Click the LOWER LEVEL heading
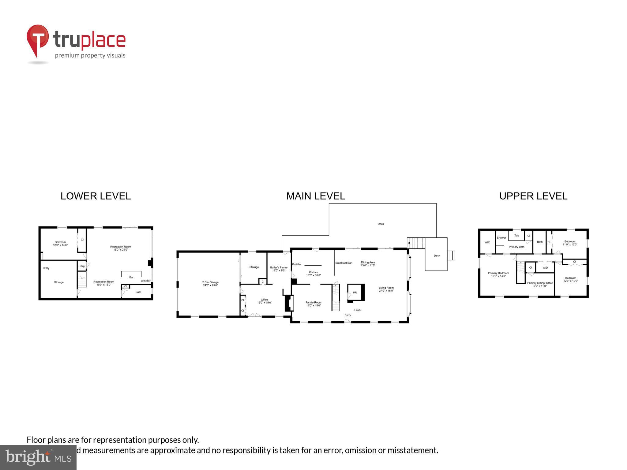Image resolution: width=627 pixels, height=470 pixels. [96, 196]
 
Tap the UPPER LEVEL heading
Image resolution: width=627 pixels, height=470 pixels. [533, 196]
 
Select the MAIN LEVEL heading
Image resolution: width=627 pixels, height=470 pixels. [316, 196]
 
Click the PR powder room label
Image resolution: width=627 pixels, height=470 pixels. [355, 293]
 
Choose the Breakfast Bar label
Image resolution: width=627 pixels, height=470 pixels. [343, 263]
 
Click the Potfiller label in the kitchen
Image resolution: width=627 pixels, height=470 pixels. [297, 264]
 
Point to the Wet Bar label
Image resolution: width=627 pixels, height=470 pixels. [145, 281]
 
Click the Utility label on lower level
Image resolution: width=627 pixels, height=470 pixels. [46, 268]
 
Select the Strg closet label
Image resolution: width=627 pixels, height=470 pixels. [82, 266]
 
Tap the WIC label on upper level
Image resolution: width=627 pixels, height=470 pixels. [487, 242]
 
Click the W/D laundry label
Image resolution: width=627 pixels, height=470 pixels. [545, 268]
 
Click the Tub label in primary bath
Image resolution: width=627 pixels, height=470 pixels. [516, 236]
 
